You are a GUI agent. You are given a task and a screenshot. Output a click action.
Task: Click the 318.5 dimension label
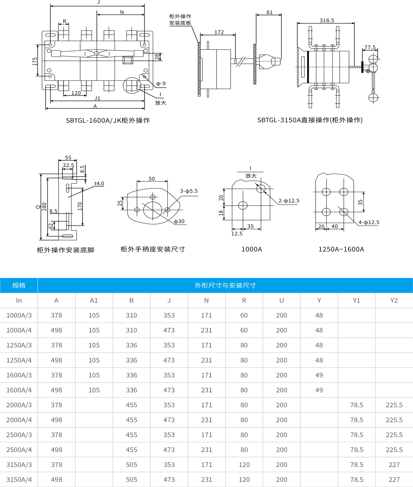[x=327, y=21]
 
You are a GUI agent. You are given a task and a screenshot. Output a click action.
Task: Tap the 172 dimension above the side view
[x=219, y=32]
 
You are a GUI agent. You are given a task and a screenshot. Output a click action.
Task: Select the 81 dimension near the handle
[x=269, y=12]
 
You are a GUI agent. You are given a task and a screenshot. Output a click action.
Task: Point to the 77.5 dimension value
[x=370, y=47]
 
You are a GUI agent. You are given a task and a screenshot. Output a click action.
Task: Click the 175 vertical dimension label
[x=35, y=61]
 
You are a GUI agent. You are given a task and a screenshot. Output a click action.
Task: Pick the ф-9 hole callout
[x=161, y=84]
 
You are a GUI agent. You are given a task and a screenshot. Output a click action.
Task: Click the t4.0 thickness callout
[x=99, y=183]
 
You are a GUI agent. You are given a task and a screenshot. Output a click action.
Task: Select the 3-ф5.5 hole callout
[x=189, y=191]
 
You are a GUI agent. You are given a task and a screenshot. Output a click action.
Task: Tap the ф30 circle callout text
[x=179, y=221]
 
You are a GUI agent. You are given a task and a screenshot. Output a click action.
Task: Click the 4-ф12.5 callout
[x=369, y=222]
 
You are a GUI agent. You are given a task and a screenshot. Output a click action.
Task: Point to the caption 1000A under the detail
[x=252, y=249]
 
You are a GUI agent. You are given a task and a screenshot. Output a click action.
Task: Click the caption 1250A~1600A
[x=341, y=249]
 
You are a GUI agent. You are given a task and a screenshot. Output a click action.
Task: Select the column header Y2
[x=394, y=300]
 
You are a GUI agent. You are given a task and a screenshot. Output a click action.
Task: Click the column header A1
[x=94, y=300]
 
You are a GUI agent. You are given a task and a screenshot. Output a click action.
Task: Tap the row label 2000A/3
[x=19, y=405]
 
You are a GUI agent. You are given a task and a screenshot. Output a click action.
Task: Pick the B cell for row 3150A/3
[x=131, y=465]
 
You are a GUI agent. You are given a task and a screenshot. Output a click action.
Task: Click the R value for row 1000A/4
[x=244, y=330]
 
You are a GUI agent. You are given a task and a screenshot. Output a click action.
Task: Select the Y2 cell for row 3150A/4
[x=394, y=479]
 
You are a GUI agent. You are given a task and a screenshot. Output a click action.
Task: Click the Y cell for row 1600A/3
[x=319, y=375]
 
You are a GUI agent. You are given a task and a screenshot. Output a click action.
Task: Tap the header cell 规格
[x=19, y=285]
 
